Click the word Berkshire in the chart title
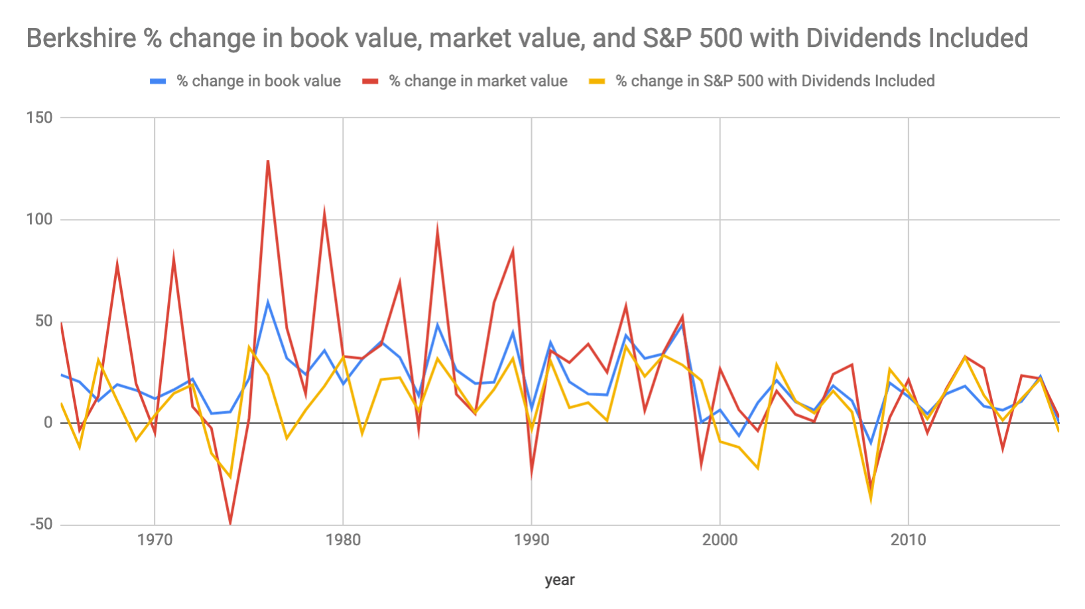pos(81,38)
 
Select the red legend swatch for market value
pos(369,81)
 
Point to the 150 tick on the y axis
pos(39,117)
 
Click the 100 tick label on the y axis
pos(39,220)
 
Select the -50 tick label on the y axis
pos(40,525)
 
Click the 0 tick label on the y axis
pos(48,423)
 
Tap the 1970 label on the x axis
pos(155,540)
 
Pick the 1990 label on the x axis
pos(531,540)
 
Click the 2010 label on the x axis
pos(908,540)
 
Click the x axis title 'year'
pos(559,580)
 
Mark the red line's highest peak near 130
pos(268,161)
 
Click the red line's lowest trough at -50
pos(230,523)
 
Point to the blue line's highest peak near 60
pos(268,302)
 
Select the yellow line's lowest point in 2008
pos(871,500)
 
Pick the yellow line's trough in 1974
pos(230,477)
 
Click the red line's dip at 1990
pos(531,474)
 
